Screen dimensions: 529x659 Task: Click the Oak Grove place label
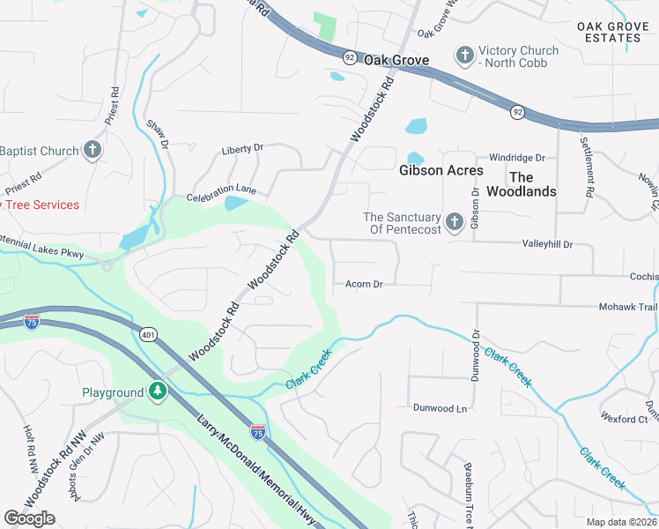click(396, 61)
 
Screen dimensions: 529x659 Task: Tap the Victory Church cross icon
click(465, 56)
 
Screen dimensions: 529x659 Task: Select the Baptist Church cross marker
click(93, 151)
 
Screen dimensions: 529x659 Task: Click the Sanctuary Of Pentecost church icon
click(454, 220)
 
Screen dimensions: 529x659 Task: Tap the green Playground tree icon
click(158, 391)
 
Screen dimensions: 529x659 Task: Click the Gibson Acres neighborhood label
click(441, 170)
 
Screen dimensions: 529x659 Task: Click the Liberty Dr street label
click(242, 148)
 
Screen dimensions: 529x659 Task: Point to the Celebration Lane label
click(221, 190)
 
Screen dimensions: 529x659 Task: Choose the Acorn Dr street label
click(364, 284)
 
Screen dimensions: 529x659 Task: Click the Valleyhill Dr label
click(547, 243)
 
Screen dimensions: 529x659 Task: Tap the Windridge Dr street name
click(517, 158)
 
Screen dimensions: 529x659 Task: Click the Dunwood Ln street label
click(439, 408)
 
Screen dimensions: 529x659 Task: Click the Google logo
click(30, 518)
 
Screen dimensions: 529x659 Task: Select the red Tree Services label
click(41, 205)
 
